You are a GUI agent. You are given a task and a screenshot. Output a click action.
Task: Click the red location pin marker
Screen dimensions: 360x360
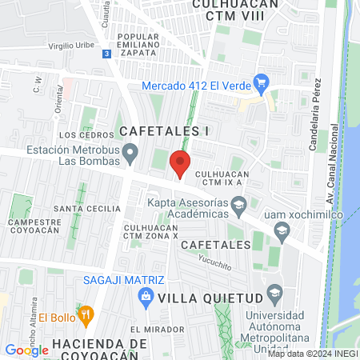pos(181,163)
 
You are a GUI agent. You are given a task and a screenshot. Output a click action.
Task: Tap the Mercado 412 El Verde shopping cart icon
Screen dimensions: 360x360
pos(260,82)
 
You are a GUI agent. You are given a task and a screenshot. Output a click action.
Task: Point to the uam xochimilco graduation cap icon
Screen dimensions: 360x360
pos(281,232)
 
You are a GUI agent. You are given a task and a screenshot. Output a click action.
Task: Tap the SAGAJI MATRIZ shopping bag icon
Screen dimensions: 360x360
pos(146,298)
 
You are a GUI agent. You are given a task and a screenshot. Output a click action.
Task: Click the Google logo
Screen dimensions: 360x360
pos(26,350)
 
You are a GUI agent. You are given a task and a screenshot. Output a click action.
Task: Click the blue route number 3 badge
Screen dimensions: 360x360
pos(107,54)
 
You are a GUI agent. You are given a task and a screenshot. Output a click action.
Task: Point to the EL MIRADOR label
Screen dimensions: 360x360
pos(152,329)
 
